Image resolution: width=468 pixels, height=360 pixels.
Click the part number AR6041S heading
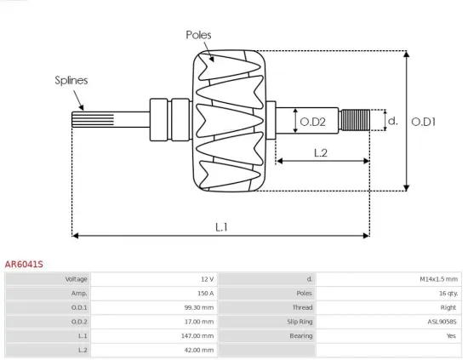(24, 265)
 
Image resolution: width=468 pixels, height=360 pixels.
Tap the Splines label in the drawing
(71, 81)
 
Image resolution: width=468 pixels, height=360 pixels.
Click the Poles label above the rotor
(198, 35)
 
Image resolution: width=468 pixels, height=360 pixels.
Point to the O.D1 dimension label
(423, 122)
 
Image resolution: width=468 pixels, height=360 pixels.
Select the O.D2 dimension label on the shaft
(313, 122)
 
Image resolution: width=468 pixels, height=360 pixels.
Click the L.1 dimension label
(221, 226)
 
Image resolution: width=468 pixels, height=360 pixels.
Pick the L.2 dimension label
(321, 153)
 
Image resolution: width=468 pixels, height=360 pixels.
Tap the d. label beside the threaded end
(392, 121)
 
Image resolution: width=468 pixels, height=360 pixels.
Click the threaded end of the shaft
(356, 120)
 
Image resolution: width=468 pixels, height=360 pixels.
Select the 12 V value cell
(207, 279)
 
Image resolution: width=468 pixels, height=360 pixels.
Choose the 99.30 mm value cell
(200, 307)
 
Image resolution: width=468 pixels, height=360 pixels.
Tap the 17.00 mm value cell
(200, 322)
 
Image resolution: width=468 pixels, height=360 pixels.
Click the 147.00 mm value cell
(198, 336)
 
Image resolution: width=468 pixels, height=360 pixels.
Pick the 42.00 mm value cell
(200, 350)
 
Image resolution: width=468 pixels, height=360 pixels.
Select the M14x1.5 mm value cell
(438, 279)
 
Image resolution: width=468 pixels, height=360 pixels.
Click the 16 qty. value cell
(445, 293)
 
